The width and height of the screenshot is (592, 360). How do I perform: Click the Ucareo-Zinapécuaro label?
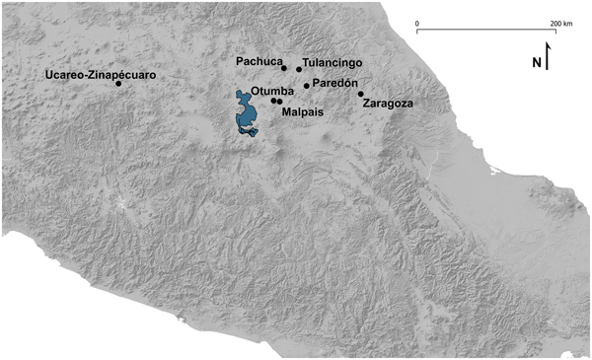click(87, 75)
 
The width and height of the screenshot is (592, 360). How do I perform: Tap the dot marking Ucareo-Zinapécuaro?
click(118, 84)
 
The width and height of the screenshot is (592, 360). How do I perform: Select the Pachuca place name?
click(258, 62)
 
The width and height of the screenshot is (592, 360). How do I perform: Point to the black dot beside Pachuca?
click(283, 68)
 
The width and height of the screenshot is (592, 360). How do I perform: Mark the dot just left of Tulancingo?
click(299, 69)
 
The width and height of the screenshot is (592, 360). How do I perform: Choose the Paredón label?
click(334, 84)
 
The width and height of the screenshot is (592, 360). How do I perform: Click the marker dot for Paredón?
click(307, 86)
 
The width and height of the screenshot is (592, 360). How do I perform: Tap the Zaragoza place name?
click(388, 103)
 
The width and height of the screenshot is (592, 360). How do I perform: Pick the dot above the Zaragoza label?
click(361, 95)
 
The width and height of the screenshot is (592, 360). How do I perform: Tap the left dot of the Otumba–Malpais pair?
click(273, 101)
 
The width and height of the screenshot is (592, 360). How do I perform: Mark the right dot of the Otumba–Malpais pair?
click(280, 102)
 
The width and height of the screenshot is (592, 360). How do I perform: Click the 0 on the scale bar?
click(417, 22)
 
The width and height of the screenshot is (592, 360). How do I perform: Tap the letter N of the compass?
click(537, 63)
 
